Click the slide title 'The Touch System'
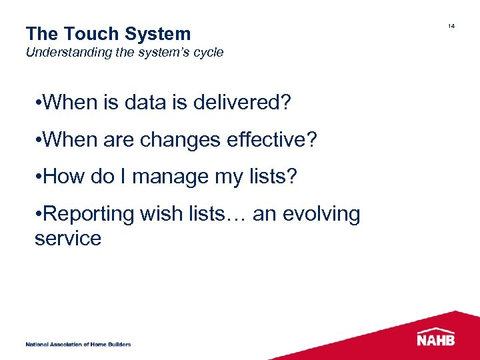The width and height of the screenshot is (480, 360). pyautogui.click(x=108, y=34)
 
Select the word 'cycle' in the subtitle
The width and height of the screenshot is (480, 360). pyautogui.click(x=207, y=52)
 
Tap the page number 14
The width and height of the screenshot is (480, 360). pyautogui.click(x=451, y=26)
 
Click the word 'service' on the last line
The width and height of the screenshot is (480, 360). pyautogui.click(x=68, y=238)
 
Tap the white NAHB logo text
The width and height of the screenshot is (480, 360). pyautogui.click(x=437, y=340)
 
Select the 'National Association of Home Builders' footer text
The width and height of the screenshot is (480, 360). pyautogui.click(x=78, y=345)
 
